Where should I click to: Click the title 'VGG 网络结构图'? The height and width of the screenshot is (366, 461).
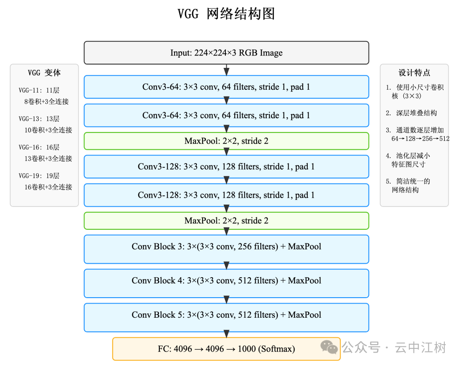click(226, 14)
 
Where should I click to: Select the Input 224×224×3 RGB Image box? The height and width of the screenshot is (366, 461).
click(226, 53)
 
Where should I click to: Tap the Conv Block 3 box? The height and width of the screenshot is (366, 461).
click(226, 249)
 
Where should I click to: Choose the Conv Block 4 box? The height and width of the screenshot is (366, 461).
click(226, 283)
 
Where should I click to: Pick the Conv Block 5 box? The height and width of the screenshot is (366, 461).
click(226, 317)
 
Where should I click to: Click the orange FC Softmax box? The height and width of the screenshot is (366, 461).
click(226, 349)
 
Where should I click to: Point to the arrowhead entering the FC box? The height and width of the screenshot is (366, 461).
click(227, 334)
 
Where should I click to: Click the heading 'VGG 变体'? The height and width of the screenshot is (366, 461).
click(44, 73)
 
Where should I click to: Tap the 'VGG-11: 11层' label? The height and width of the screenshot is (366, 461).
click(39, 91)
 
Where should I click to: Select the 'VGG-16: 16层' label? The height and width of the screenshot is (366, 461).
click(39, 147)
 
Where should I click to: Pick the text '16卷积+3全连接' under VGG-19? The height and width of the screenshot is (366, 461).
click(48, 187)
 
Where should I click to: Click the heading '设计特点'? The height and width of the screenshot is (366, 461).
click(414, 73)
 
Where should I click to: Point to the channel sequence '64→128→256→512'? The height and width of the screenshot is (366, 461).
click(420, 139)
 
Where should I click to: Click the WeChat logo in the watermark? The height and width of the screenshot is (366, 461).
click(329, 347)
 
